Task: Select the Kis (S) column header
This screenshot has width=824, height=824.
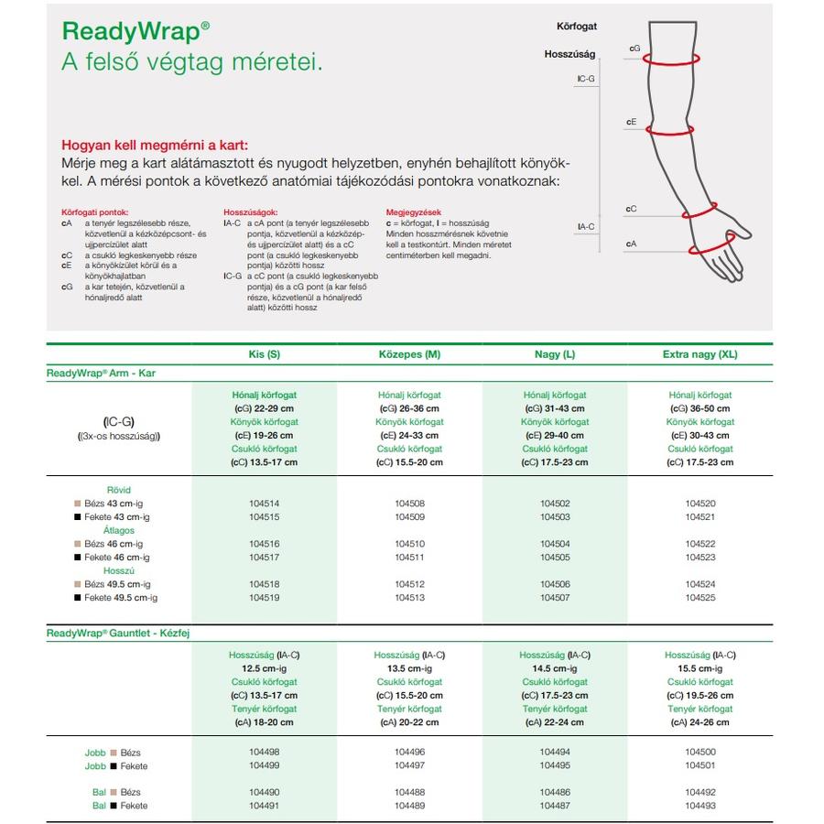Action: (265, 354)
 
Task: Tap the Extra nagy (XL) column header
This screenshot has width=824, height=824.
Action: (699, 354)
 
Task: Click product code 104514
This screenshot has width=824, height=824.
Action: (265, 504)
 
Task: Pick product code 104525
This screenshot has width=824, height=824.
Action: (699, 598)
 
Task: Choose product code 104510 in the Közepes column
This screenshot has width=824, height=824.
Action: (409, 544)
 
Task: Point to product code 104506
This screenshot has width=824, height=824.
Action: (555, 584)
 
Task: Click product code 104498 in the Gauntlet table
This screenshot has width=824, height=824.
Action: (265, 753)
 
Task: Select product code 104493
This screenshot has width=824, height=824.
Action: (699, 806)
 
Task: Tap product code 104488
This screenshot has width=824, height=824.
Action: (409, 792)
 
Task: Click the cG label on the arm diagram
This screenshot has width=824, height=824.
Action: (634, 48)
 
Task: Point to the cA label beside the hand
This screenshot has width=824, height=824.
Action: (632, 244)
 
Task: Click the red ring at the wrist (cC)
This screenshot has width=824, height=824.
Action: (699, 211)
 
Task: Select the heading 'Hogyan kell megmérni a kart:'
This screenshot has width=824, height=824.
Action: (154, 146)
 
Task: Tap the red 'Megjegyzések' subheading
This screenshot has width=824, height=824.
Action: (414, 211)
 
